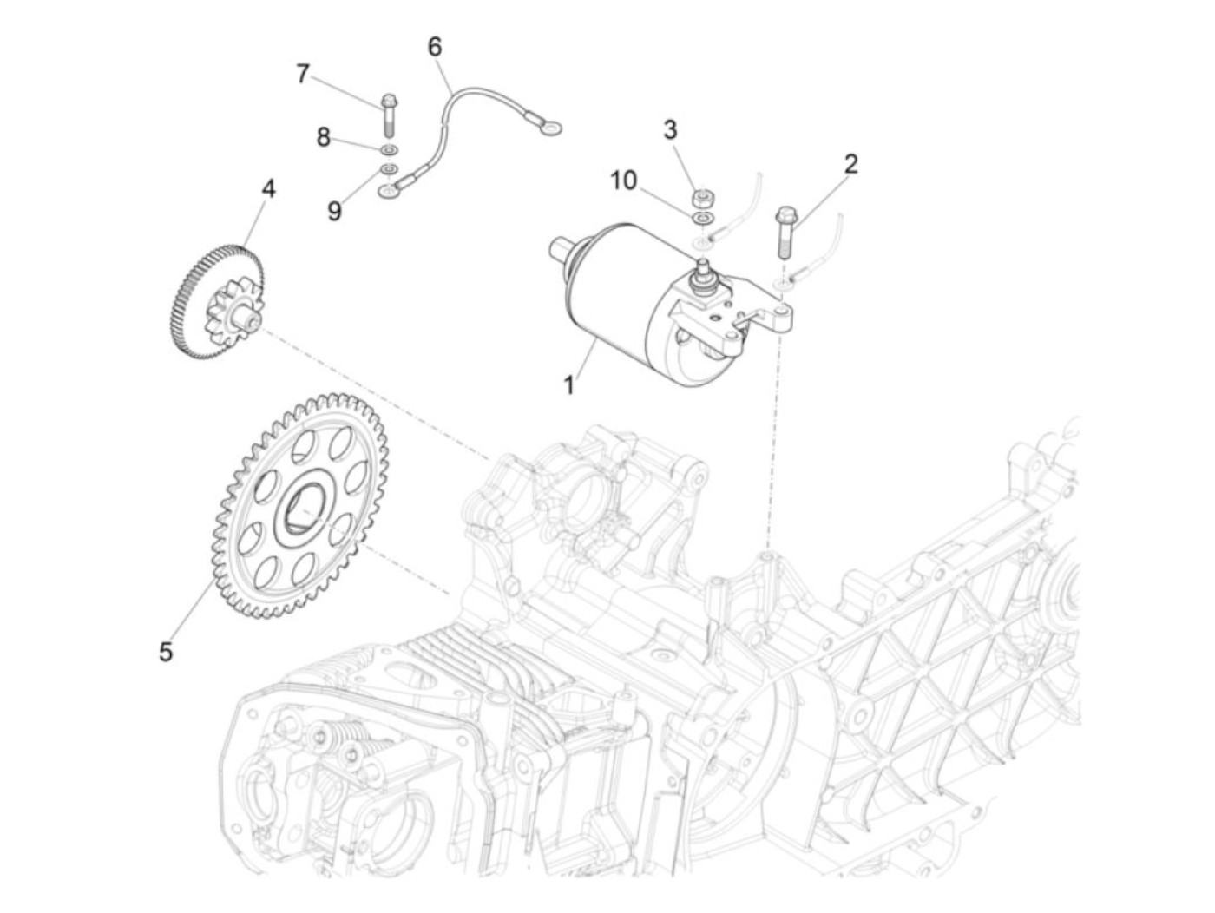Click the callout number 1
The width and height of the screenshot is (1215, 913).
tap(569, 385)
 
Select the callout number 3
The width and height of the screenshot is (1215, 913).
tap(670, 130)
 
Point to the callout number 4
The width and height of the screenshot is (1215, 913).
tap(268, 189)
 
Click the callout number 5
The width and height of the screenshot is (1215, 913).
tap(166, 652)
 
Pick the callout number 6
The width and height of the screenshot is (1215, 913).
tap(435, 47)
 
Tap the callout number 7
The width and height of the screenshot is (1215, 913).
tap(302, 74)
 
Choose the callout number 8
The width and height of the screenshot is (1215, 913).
tap(323, 136)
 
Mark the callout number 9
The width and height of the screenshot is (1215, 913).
tap(334, 211)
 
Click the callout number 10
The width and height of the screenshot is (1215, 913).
tap(624, 181)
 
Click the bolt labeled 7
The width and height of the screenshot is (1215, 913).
tap(389, 115)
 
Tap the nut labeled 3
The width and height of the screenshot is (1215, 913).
tap(702, 197)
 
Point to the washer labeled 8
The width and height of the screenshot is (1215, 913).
tap(390, 150)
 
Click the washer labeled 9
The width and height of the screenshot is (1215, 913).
tap(390, 168)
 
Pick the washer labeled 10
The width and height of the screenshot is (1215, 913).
tap(702, 218)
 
